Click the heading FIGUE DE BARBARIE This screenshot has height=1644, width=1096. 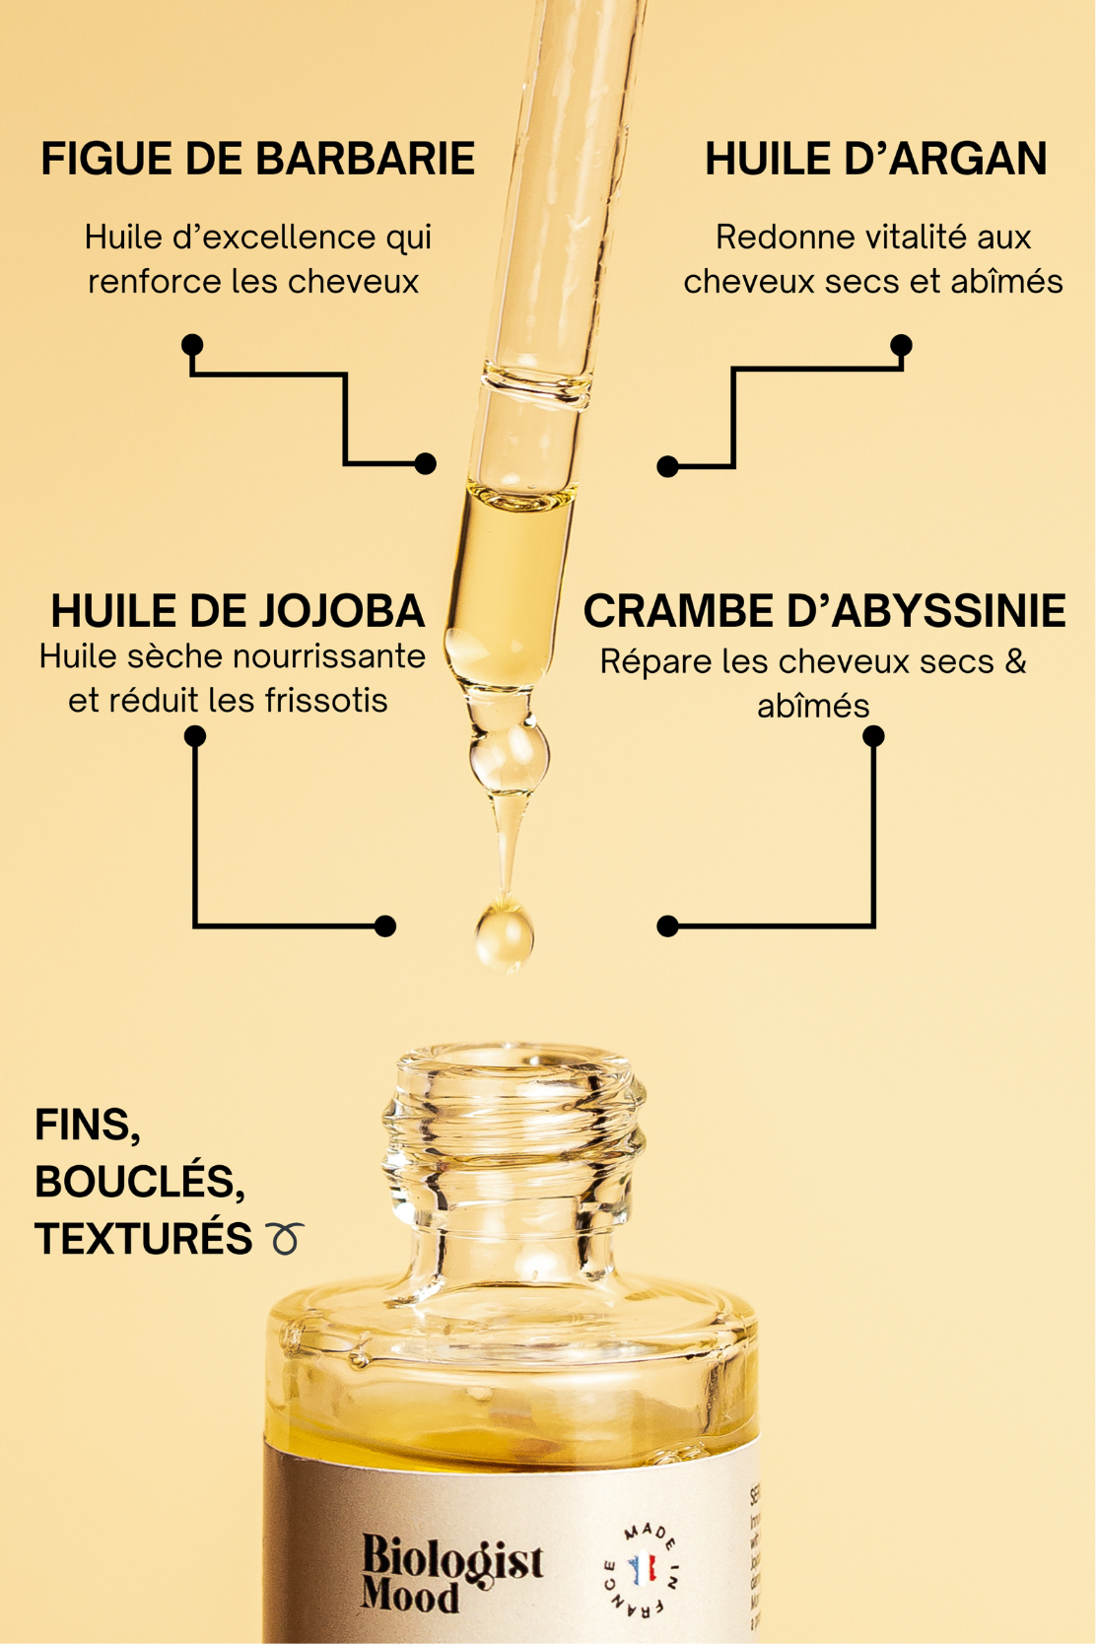pos(257,160)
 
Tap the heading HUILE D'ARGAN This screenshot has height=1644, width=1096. pos(875,160)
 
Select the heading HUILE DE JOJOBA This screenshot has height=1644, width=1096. pos(238,611)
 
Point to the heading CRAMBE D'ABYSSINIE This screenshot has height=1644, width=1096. pos(824,611)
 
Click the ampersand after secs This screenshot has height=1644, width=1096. pos(1015,661)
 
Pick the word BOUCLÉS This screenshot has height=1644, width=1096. pos(138,1182)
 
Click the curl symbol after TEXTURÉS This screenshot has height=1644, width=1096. pos(285,1238)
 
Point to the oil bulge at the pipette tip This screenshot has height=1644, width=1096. pos(509,757)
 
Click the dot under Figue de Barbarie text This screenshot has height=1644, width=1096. pos(192,344)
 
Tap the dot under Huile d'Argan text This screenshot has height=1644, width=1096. pos(901,345)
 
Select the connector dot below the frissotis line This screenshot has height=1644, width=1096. pos(195,735)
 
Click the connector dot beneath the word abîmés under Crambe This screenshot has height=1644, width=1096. pos(873,735)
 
